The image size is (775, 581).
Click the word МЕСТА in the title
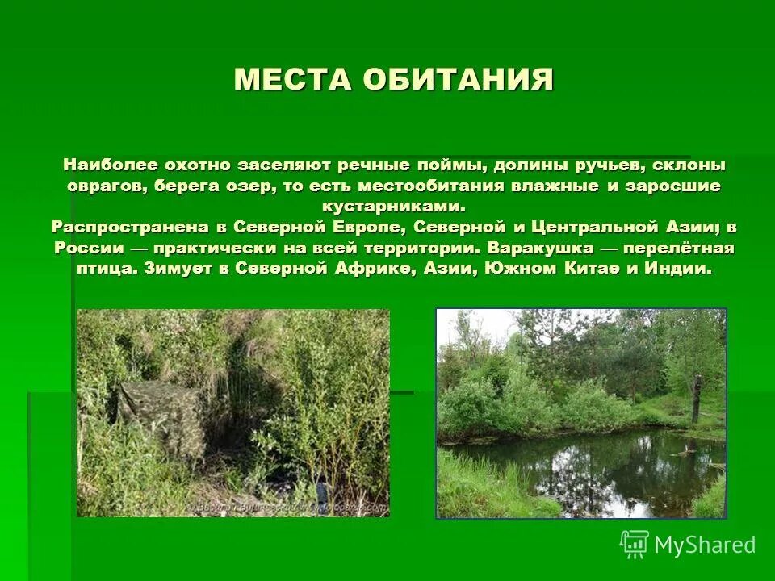pos(291,79)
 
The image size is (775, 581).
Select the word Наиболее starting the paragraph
pos(106,165)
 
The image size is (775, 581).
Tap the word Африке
pos(376,269)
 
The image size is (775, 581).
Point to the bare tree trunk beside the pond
pos(695,399)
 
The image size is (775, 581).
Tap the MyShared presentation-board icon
pos(635,544)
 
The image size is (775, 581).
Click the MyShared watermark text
pos(705,545)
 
